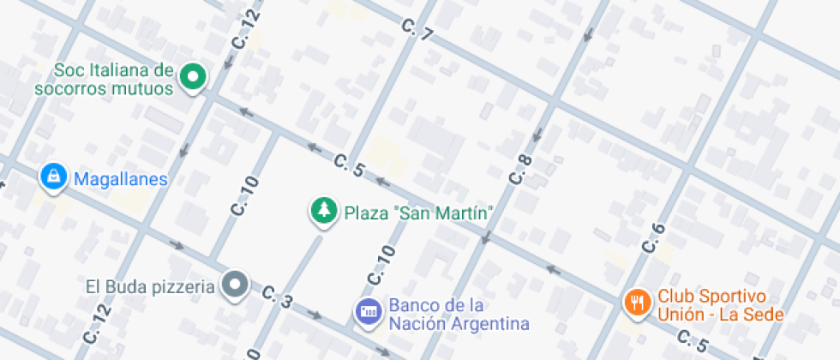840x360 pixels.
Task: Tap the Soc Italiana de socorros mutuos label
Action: click(104, 78)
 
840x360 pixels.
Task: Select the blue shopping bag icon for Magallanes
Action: click(54, 177)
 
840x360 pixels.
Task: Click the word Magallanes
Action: click(120, 179)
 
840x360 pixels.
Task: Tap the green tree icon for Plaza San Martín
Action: click(323, 210)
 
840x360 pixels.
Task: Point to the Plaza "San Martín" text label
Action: click(417, 212)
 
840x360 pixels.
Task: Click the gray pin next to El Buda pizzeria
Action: click(234, 284)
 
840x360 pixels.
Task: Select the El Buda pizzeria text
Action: click(149, 285)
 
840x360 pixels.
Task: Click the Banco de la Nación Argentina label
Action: click(458, 315)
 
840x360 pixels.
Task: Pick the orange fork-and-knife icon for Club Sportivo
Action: click(636, 302)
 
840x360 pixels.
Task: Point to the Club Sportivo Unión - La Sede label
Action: click(720, 306)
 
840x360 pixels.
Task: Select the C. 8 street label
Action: click(520, 170)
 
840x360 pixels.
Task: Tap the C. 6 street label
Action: click(653, 237)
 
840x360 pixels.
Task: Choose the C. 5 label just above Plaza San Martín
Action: click(350, 165)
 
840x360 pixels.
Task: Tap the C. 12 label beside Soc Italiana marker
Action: click(245, 28)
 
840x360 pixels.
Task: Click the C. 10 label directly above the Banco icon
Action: click(381, 265)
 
